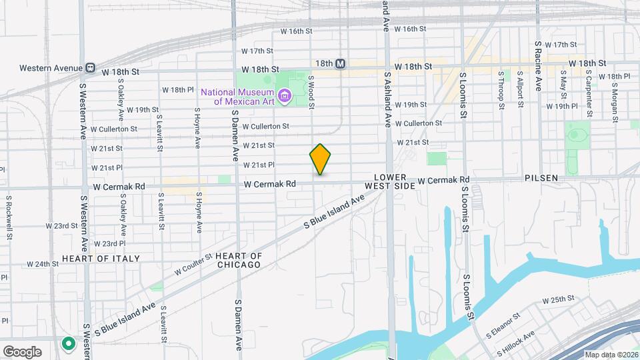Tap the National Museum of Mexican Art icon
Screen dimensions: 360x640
[x=285, y=97]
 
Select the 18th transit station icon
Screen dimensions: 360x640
[x=340, y=63]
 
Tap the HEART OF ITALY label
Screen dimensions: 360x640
[x=101, y=258]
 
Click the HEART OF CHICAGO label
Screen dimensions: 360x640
[x=239, y=260]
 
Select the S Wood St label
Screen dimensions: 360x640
[x=311, y=91]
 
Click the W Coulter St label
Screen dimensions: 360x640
[x=193, y=264]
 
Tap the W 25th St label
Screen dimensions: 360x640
[x=558, y=300]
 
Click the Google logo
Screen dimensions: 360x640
[x=22, y=351]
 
